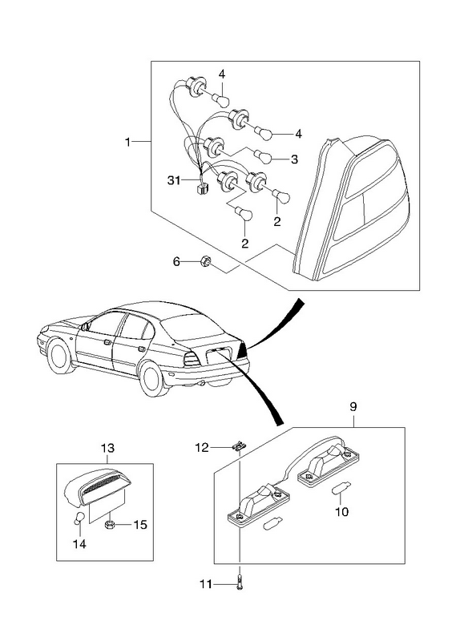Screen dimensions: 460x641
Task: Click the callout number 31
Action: tap(174, 179)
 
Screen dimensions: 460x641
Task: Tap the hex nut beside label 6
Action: tap(205, 261)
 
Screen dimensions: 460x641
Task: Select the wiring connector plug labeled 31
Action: tap(202, 187)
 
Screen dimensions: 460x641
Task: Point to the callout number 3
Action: tap(294, 159)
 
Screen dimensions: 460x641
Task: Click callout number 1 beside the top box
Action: tap(128, 142)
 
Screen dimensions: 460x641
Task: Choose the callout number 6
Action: tap(176, 261)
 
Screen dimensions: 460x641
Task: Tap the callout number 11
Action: tap(206, 584)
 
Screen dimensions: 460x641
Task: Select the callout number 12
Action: tap(202, 448)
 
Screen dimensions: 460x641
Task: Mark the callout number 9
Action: tap(353, 407)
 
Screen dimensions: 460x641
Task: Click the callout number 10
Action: tap(342, 511)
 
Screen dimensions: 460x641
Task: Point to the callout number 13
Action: tap(107, 448)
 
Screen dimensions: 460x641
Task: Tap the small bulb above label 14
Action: tap(79, 517)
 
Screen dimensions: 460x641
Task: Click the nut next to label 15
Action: tap(109, 525)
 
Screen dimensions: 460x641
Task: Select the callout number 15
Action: tap(139, 525)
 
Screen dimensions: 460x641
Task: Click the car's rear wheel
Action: tap(153, 377)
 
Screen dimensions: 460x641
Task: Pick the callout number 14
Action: tap(79, 544)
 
